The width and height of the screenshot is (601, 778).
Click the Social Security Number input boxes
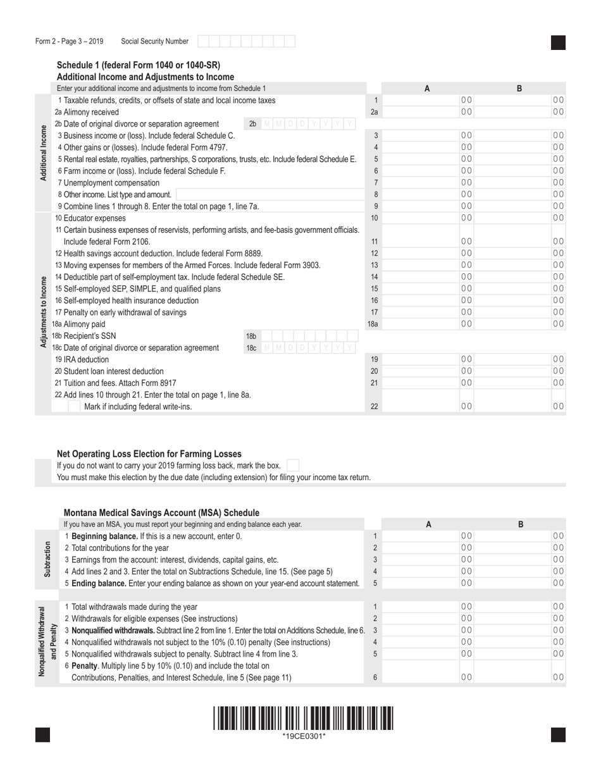(x=246, y=42)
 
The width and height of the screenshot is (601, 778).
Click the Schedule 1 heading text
(x=139, y=65)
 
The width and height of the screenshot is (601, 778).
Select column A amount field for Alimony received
(x=428, y=112)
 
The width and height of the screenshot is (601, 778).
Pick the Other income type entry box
(x=270, y=195)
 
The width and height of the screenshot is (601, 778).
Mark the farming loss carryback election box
(x=293, y=466)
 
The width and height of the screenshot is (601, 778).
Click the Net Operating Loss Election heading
(x=149, y=454)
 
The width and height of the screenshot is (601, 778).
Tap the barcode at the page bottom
(x=303, y=719)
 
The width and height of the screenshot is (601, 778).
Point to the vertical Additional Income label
(x=44, y=153)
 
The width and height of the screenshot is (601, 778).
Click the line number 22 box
(x=375, y=407)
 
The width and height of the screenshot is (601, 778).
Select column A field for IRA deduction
(x=428, y=359)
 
